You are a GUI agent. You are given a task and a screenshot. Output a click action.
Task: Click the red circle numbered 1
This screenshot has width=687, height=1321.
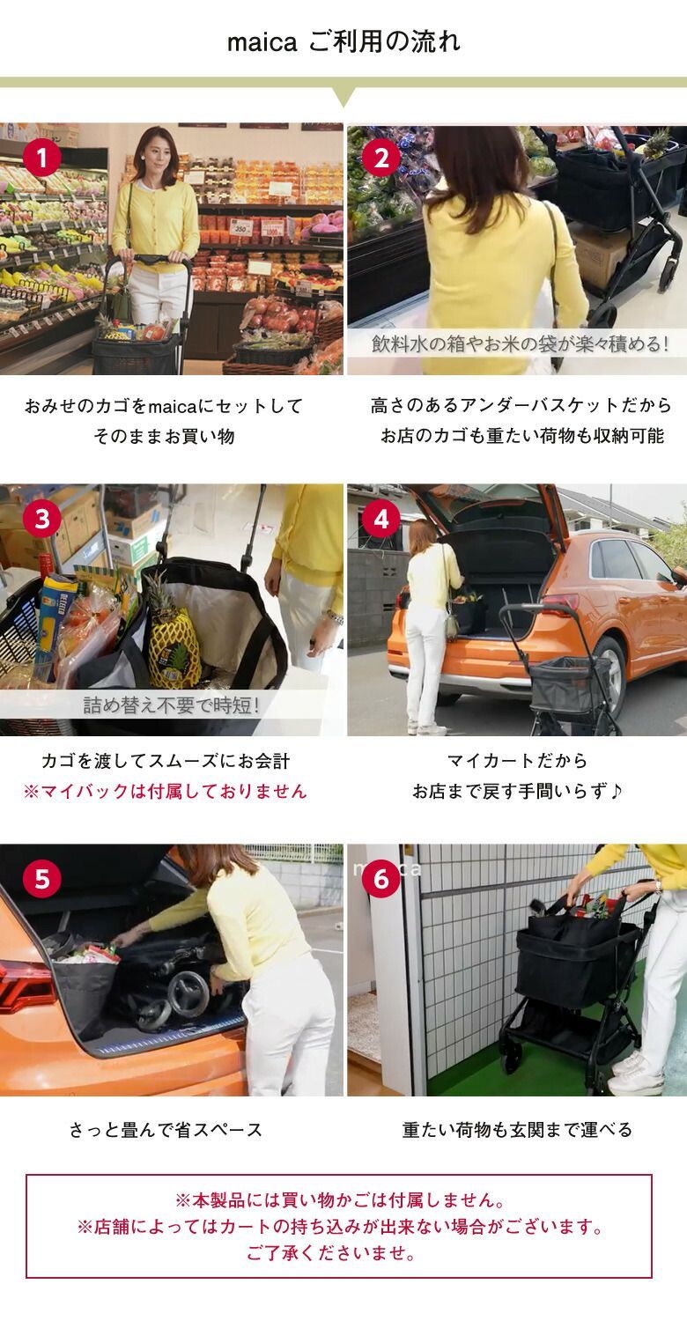tap(42, 157)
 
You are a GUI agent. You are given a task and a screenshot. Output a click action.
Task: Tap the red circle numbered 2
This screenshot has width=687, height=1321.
tap(381, 157)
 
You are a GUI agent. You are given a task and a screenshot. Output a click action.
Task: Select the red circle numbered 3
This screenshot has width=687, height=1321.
tap(42, 519)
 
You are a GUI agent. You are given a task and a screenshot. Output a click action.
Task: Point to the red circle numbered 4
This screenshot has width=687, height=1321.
tap(381, 519)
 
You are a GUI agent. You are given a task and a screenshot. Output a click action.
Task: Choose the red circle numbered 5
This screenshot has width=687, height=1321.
tap(42, 879)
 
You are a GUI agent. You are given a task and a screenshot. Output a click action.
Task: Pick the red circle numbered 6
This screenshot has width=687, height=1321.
tap(381, 879)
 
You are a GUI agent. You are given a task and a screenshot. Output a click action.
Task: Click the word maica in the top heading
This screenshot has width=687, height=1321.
tap(262, 42)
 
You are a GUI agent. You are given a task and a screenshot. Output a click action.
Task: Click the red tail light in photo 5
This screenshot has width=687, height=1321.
tap(25, 984)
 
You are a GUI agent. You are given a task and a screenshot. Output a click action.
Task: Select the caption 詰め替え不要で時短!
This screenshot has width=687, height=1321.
tap(172, 705)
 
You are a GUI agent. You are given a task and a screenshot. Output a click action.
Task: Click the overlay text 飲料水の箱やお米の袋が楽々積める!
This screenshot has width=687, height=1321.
tap(521, 343)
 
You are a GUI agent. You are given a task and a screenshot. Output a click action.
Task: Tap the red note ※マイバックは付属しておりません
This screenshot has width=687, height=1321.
tap(165, 791)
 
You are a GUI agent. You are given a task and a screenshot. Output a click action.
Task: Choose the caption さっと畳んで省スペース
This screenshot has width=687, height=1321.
tap(166, 1130)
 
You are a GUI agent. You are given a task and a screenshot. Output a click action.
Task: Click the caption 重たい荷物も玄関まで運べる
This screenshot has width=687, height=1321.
tap(517, 1130)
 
